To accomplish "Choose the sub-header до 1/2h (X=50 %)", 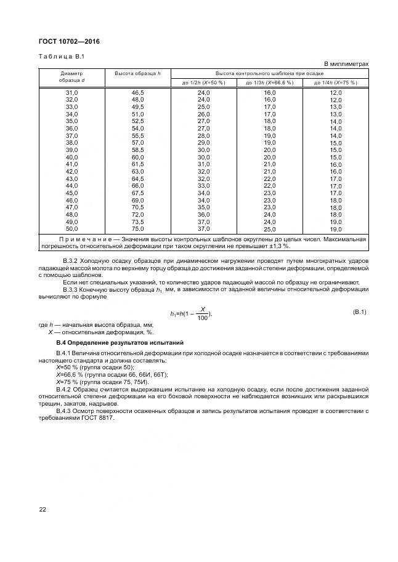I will pos(203,82).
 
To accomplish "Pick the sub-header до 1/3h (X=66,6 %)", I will pos(270,82).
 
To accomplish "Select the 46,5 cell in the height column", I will pos(137,92).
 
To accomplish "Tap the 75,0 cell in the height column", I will pos(137,229).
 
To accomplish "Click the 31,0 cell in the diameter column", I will pos(71,92).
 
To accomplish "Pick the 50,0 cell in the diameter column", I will pos(71,229).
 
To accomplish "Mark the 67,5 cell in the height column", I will pos(137,193).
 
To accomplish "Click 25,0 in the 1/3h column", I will pos(270,229).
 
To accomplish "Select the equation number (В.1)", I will pos(359,312).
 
